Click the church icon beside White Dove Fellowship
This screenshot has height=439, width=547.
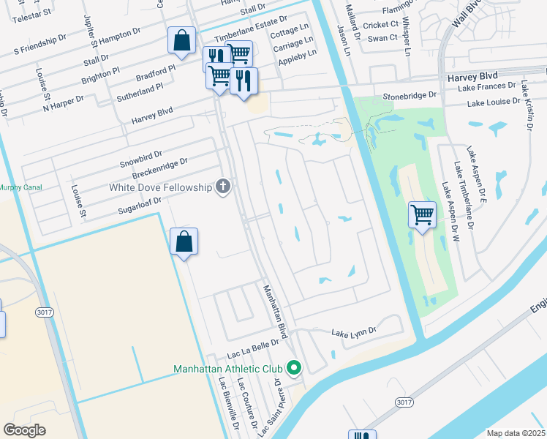click(x=223, y=187)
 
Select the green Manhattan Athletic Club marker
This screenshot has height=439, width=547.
click(x=294, y=368)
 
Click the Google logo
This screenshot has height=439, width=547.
click(x=24, y=430)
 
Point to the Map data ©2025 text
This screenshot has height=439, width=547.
click(x=516, y=433)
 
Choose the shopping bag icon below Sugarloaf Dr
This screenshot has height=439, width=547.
click(x=184, y=241)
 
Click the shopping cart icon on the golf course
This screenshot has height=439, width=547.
click(x=422, y=215)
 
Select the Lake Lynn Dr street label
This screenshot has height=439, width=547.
click(x=353, y=331)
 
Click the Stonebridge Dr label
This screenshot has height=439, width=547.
click(x=410, y=96)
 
